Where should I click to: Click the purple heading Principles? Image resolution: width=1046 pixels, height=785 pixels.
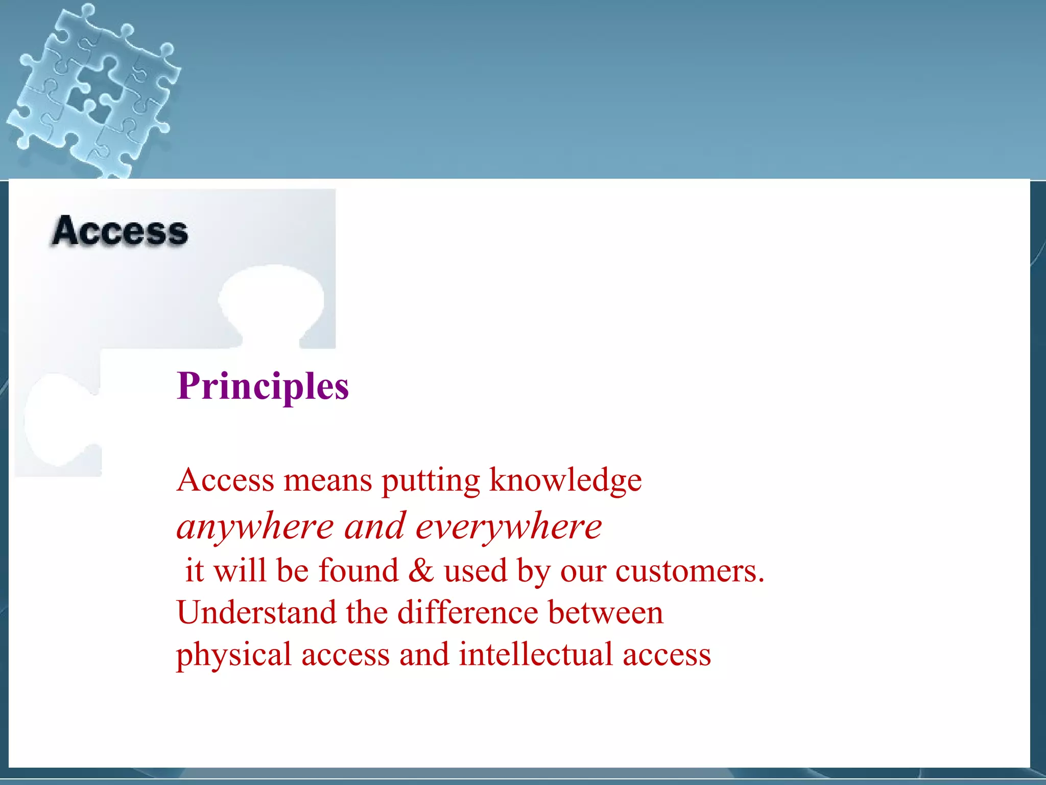point(263,387)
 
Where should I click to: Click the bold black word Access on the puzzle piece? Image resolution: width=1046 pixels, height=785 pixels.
point(121,232)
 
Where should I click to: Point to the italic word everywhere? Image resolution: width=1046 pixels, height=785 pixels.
point(509,527)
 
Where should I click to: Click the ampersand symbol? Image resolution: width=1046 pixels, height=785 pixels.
point(421,570)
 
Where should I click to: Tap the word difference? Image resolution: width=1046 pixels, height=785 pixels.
point(468,612)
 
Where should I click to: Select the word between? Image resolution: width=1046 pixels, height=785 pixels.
point(606,612)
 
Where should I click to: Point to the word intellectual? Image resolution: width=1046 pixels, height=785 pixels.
point(535,654)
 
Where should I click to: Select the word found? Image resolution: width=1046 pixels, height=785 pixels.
point(358,570)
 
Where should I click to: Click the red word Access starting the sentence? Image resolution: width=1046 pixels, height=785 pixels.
point(226,480)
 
